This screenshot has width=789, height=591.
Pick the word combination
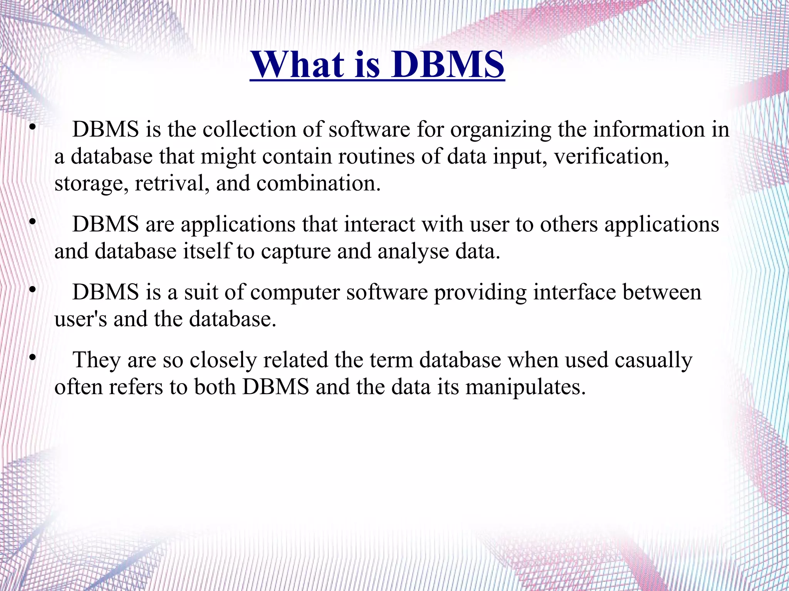[318, 183]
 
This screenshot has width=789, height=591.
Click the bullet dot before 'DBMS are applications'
[33, 222]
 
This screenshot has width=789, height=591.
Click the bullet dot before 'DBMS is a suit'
[33, 290]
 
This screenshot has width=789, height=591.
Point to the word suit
[200, 292]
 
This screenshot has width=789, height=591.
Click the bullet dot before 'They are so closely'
[33, 358]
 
